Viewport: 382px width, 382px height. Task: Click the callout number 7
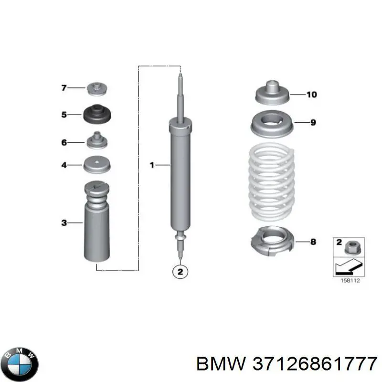pos(64,87)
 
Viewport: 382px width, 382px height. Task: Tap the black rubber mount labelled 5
pos(97,114)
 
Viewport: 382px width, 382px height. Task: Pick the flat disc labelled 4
pos(97,164)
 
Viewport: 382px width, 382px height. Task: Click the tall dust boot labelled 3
pos(97,222)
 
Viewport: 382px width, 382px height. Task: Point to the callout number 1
pos(152,165)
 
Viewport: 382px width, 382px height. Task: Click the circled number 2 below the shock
pos(180,272)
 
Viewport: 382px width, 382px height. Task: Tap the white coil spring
pos(271,181)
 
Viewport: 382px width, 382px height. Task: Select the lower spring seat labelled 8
pos(272,241)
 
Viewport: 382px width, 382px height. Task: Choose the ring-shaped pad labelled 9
pos(272,124)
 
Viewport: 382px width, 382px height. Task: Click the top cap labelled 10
pos(272,93)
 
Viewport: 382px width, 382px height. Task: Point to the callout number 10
pos(312,95)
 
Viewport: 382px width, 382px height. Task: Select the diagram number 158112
pos(350,280)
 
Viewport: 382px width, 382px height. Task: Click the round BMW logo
pos(20,363)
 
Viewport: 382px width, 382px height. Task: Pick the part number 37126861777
pos(315,364)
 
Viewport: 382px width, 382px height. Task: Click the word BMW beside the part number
pos(221,364)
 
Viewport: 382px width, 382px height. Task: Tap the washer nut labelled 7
pos(97,89)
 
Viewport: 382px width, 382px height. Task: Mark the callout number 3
pos(64,223)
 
